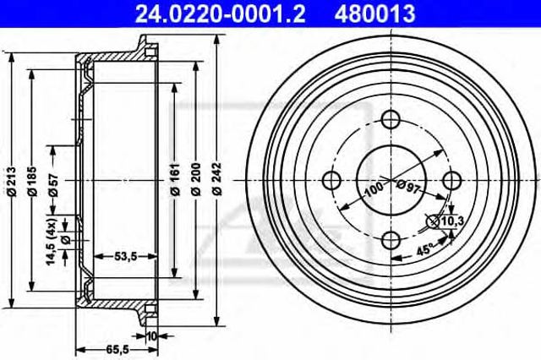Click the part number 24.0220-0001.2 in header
pos(220,14)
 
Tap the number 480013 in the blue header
pos(374,14)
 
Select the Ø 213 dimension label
pos(12,182)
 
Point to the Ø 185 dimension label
pos(32,182)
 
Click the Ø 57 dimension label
pos(53,186)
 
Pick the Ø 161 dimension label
pos(175,179)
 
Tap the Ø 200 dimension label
pos(196,179)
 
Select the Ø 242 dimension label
pos(217,179)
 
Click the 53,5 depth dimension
pos(125,257)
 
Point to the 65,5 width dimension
pos(117,350)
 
